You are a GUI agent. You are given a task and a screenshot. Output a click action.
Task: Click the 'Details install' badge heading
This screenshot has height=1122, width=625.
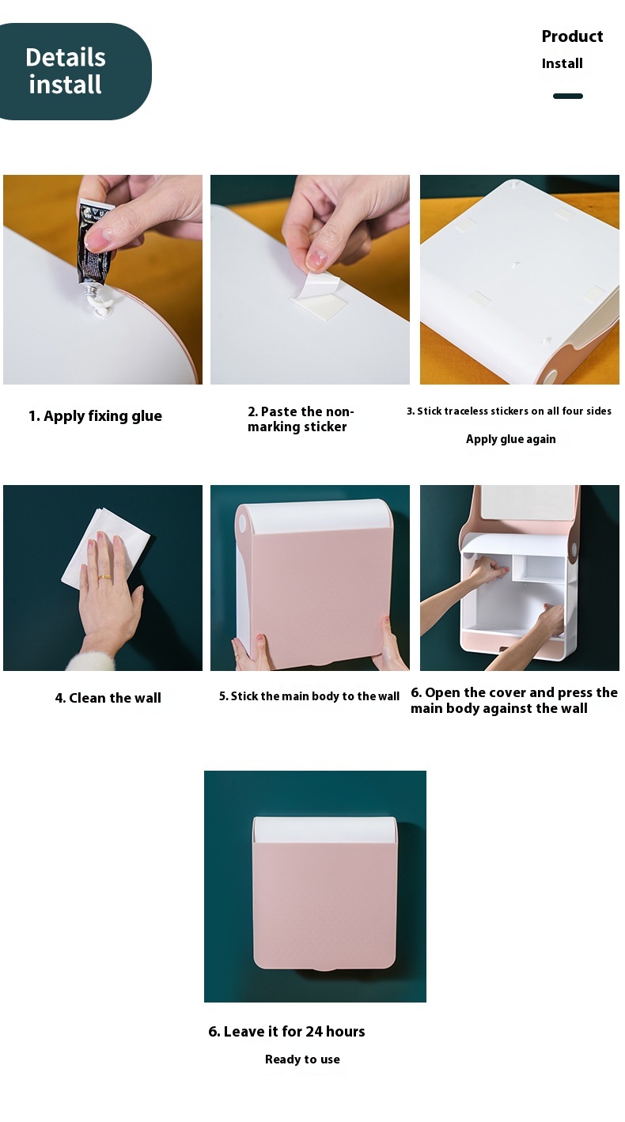[x=66, y=70]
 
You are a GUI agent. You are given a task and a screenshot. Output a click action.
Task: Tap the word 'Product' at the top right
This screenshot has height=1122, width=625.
[x=573, y=36]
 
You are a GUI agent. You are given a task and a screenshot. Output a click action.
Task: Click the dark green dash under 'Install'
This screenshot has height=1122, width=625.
[x=568, y=96]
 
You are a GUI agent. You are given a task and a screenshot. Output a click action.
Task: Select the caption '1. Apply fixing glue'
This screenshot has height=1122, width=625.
[x=95, y=415]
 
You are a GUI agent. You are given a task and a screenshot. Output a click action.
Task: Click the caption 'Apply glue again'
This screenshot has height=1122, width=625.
[x=511, y=439]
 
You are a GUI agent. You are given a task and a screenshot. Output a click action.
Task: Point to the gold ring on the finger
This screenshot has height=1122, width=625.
[x=105, y=578]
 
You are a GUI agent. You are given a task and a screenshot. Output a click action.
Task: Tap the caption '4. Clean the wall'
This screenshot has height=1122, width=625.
[x=108, y=698]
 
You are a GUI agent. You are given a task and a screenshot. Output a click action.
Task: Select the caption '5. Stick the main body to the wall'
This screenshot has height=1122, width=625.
[x=309, y=696]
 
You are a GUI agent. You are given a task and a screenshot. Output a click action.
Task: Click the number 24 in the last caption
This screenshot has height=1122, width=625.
[x=314, y=1031]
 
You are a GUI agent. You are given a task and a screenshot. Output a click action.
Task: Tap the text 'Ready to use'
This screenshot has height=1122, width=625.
[x=302, y=1059]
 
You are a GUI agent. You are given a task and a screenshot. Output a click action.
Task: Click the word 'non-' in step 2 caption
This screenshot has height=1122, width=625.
[x=339, y=411]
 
